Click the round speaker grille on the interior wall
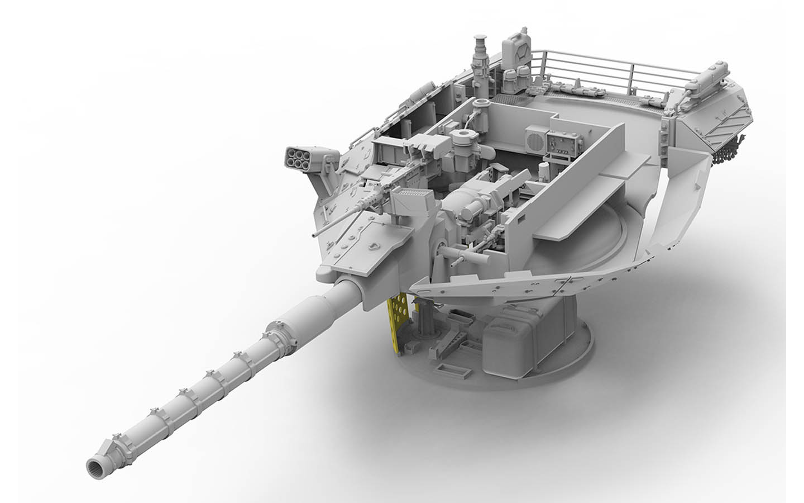coord(537,137)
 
